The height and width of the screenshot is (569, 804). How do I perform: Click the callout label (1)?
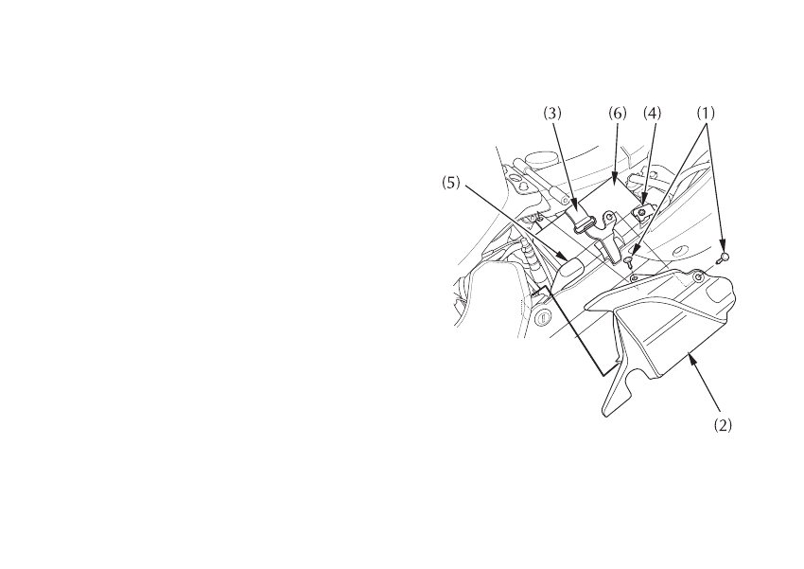[x=707, y=112]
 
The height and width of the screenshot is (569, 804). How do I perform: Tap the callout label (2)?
[x=723, y=425]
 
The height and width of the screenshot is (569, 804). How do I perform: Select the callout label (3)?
[x=552, y=112]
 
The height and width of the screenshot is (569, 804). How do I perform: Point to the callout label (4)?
[x=653, y=112]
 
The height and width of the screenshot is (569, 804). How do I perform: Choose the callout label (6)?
[x=617, y=112]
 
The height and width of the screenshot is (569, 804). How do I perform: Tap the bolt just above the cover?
[x=630, y=261]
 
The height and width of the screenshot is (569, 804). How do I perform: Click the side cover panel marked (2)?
[x=672, y=331]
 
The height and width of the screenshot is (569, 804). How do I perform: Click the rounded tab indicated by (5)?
[x=570, y=270]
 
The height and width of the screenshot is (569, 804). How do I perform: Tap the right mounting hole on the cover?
[x=698, y=277]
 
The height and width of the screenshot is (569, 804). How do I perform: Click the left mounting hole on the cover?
[x=636, y=280]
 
